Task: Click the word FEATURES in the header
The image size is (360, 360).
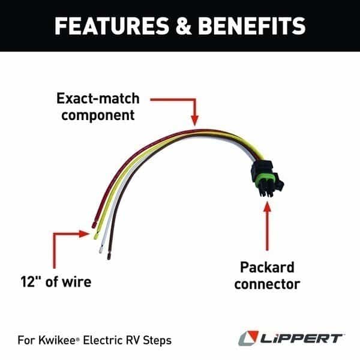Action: pos(112,26)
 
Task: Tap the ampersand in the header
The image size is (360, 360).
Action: pos(184,26)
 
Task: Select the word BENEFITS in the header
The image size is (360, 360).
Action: pos(252,26)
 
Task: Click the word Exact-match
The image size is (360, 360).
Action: pos(98,98)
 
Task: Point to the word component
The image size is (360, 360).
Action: pos(98,115)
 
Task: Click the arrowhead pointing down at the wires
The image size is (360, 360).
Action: pos(195,121)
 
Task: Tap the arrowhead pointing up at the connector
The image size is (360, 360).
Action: pos(267,206)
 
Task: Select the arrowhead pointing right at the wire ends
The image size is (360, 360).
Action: pos(84,234)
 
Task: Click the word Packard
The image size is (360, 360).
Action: pos(267,267)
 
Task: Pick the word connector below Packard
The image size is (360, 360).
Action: pos(267,284)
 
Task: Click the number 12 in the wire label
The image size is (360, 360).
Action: pos(28,281)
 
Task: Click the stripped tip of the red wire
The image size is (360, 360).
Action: pos(94,224)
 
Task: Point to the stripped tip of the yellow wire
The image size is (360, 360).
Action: pos(96,236)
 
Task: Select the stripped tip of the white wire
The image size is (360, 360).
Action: pos(101,250)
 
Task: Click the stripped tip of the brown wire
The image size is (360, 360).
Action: pos(109,256)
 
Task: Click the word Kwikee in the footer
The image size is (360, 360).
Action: pos(57,340)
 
